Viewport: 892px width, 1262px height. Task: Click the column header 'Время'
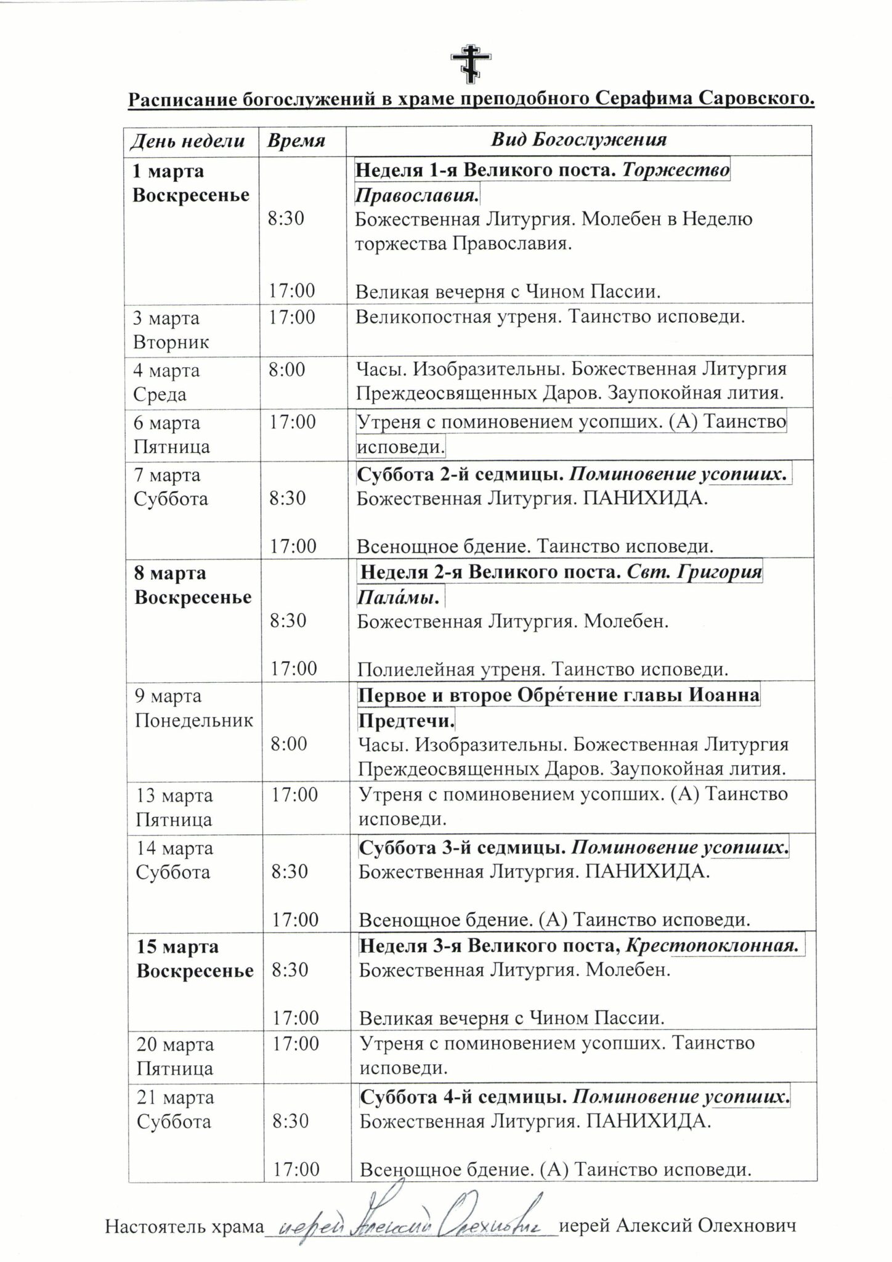click(296, 140)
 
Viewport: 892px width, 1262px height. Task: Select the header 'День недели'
click(187, 140)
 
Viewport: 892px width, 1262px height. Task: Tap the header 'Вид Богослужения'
click(578, 139)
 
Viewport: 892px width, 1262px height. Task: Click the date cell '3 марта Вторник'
click(171, 330)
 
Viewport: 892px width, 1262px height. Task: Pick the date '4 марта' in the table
click(166, 371)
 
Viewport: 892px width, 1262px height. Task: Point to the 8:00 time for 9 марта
click(288, 744)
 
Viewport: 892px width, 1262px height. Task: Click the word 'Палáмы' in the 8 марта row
click(399, 597)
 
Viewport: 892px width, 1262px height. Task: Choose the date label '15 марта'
click(177, 947)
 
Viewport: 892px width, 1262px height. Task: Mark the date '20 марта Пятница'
click(176, 1056)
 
